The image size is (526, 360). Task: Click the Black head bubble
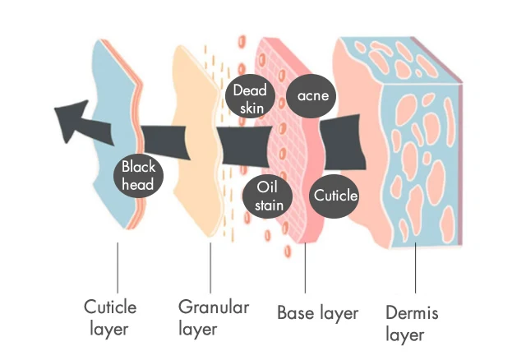click(x=138, y=176)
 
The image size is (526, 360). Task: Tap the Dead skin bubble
click(x=250, y=99)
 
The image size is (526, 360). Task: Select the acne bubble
click(x=311, y=96)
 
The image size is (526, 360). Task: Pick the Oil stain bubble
click(x=268, y=196)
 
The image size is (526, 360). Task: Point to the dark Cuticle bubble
click(x=335, y=196)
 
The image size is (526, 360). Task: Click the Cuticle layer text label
click(x=110, y=317)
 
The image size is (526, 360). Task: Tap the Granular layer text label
click(x=214, y=317)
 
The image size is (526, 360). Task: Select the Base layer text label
click(x=318, y=313)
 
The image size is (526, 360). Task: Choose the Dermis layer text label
click(x=412, y=323)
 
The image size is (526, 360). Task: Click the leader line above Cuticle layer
click(x=118, y=268)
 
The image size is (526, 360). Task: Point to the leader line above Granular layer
click(x=210, y=268)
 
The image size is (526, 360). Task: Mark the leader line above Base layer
click(x=305, y=268)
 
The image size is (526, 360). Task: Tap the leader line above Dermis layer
click(x=415, y=268)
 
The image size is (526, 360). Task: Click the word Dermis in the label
click(x=412, y=312)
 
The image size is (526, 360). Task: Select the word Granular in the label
click(x=214, y=307)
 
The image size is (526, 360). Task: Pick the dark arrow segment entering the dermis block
click(x=342, y=142)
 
